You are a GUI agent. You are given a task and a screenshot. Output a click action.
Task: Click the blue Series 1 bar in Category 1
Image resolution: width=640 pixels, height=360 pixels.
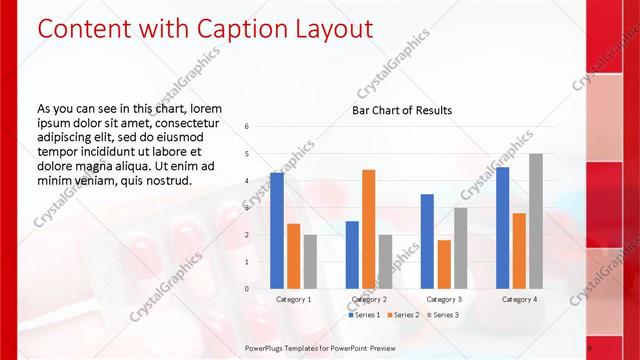tap(277, 230)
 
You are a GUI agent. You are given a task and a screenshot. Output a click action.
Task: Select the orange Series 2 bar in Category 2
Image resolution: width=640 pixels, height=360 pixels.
tap(368, 229)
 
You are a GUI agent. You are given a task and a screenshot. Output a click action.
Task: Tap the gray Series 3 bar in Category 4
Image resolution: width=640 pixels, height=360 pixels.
tap(536, 221)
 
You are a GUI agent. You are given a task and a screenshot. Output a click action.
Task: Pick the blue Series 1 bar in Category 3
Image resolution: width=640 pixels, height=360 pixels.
tap(427, 241)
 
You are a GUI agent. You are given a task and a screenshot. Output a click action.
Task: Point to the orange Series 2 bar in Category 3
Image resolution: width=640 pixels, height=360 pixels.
tap(444, 264)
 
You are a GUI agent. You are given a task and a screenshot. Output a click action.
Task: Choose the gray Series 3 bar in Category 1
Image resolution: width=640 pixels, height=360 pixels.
tap(310, 261)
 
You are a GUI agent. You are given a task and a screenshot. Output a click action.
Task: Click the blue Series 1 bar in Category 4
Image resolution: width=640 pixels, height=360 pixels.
tap(502, 227)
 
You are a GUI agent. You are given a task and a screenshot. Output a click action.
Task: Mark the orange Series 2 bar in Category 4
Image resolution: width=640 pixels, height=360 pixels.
tap(519, 250)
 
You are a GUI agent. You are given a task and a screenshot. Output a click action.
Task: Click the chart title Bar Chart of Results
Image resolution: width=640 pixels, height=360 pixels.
tap(402, 110)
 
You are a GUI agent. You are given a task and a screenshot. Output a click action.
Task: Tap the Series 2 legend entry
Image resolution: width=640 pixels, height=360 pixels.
tap(403, 315)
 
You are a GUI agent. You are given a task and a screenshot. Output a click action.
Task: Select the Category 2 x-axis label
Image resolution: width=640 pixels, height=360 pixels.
tap(369, 299)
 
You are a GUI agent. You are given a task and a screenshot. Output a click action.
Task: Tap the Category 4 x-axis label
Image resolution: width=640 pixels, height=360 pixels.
tap(519, 299)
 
